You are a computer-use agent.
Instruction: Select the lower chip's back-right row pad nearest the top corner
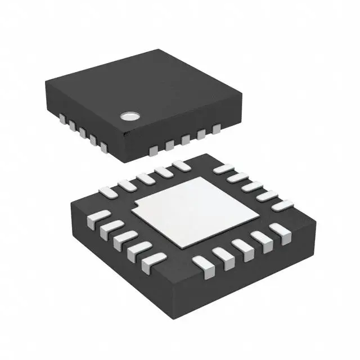(x=223, y=168)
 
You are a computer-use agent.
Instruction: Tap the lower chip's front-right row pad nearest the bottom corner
(x=201, y=263)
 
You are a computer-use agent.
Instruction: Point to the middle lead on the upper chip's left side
(x=83, y=133)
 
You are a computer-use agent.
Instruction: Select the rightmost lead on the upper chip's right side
(x=217, y=130)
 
